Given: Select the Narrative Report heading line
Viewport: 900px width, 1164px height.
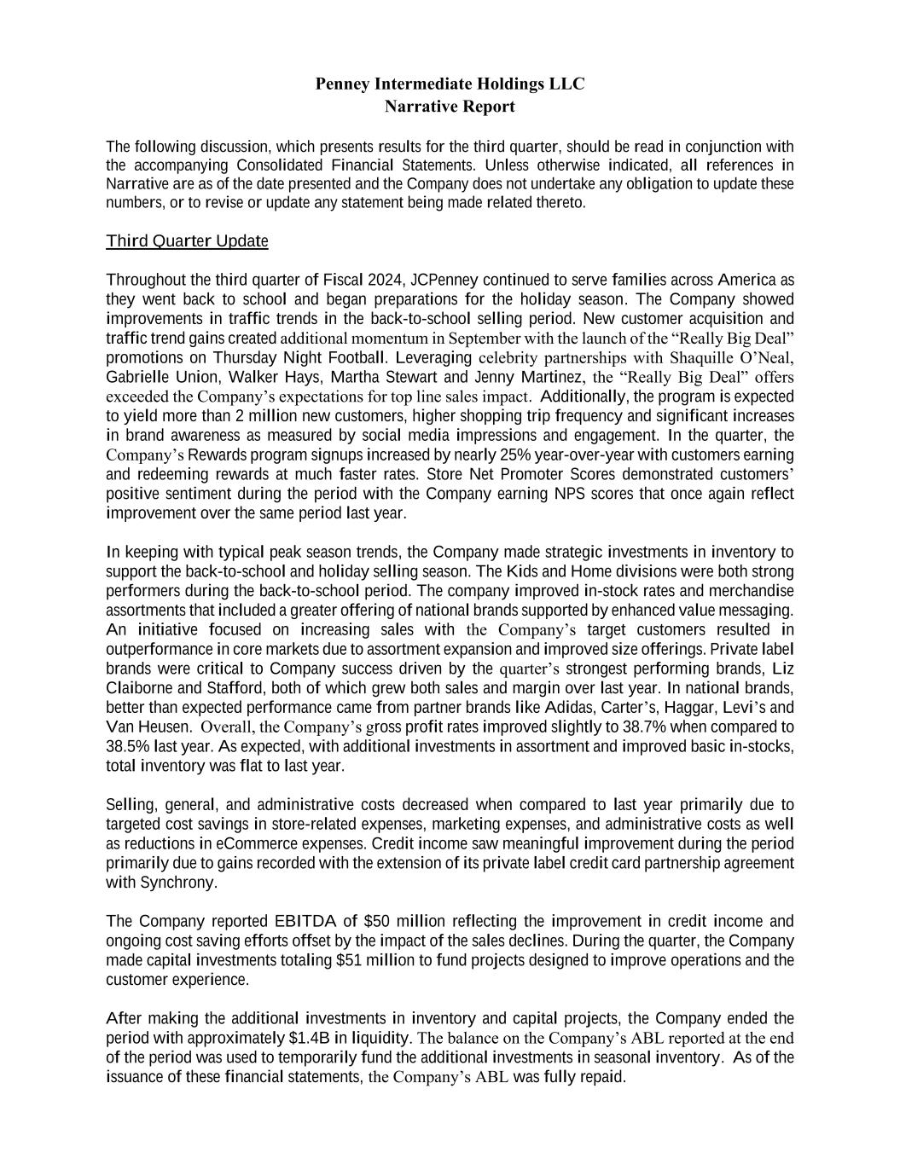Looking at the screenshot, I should (x=450, y=107).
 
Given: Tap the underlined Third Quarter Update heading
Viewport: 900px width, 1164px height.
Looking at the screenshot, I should (x=187, y=241).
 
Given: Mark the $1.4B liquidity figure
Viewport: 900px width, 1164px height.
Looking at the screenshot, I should (x=305, y=1038).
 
